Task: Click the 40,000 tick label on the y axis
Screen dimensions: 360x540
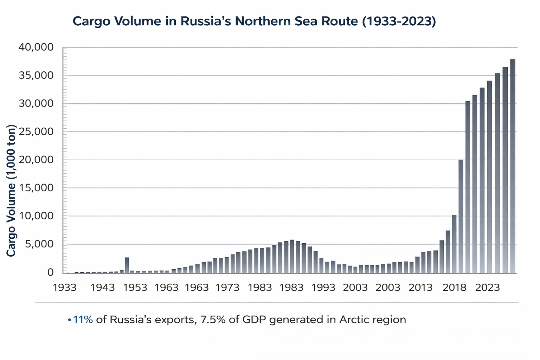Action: tap(36, 47)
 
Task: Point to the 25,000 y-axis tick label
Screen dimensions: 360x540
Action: tap(36, 132)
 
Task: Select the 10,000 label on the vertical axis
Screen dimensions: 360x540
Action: tap(36, 216)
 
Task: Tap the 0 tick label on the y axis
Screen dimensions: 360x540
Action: tap(50, 272)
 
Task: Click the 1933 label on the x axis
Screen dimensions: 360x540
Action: tap(65, 288)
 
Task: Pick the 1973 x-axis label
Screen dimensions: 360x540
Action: tap(227, 288)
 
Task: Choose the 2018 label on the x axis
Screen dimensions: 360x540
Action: tap(454, 288)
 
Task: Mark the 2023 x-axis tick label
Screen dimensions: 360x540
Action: tap(488, 288)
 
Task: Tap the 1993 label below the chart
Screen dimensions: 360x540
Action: tap(323, 288)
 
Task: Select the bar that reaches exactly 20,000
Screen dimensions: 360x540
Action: tap(461, 216)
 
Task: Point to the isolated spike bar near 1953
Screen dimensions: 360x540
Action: tap(127, 265)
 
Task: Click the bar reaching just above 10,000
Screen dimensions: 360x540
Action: tap(454, 244)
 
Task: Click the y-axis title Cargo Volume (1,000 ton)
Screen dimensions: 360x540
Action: tap(11, 190)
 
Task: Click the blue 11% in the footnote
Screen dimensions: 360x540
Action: tap(83, 320)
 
